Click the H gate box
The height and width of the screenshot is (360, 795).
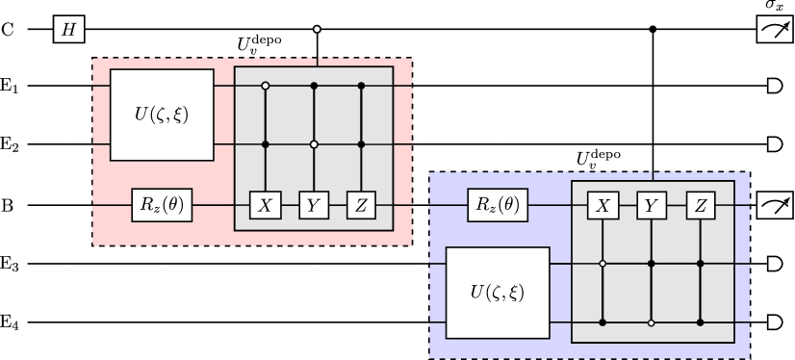pos(69,30)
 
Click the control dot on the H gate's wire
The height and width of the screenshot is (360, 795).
pos(317,30)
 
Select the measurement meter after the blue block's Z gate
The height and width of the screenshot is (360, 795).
pos(774,205)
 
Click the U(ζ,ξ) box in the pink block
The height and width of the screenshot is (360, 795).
pos(162,115)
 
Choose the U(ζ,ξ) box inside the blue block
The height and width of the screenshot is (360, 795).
pos(498,292)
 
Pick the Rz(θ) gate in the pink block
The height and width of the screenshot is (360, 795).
pos(162,205)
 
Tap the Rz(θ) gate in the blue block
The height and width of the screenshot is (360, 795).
pos(498,205)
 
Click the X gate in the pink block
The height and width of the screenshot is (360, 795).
pos(265,205)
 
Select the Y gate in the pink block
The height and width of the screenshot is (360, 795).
pos(313,205)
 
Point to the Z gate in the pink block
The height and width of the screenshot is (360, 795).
pos(361,205)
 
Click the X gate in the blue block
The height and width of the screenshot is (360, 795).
pos(603,205)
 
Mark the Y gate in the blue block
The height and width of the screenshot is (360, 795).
pos(651,205)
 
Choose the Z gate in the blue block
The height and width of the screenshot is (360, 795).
pos(699,205)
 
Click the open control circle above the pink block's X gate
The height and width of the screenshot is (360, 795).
pos(265,86)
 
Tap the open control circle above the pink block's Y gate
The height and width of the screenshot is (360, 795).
pos(313,144)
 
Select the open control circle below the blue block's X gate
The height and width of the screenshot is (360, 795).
pos(603,262)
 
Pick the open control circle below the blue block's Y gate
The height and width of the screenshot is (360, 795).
pos(651,321)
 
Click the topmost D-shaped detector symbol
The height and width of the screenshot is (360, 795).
pos(774,86)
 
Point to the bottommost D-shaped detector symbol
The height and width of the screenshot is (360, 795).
pos(774,321)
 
